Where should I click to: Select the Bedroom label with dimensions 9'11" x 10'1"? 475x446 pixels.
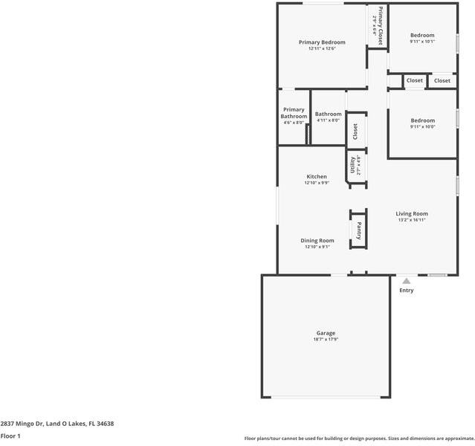click(x=422, y=35)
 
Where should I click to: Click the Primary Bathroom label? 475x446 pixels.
click(x=294, y=113)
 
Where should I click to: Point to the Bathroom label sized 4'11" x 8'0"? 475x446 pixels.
click(x=328, y=114)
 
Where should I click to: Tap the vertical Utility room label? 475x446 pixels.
click(x=353, y=164)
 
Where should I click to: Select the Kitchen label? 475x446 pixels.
click(x=317, y=176)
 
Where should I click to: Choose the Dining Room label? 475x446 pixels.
click(x=317, y=240)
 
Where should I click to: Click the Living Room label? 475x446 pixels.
click(x=411, y=213)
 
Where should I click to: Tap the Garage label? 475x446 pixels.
click(x=326, y=333)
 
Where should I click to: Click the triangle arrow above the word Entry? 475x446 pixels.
click(x=406, y=281)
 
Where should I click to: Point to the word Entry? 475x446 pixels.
click(x=406, y=290)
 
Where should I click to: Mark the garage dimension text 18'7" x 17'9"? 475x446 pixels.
click(x=326, y=340)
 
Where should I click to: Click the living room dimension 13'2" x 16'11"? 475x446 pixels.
click(x=411, y=220)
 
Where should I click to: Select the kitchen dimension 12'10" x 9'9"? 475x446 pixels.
click(x=317, y=183)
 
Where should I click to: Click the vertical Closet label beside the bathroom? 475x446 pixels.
click(x=355, y=132)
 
